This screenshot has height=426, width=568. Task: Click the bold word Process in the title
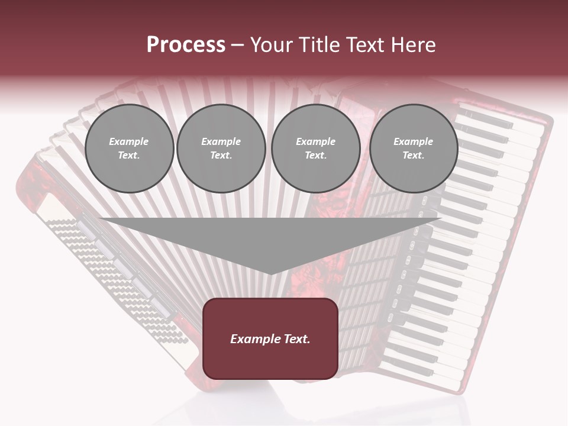point(186,44)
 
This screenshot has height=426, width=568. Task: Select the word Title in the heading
point(318,45)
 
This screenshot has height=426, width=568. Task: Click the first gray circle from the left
point(129,149)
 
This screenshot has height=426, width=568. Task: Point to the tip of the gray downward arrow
point(270,273)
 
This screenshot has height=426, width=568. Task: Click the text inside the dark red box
point(270,339)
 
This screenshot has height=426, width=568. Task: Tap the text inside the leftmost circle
point(129,149)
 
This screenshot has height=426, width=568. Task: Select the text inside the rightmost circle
point(413,149)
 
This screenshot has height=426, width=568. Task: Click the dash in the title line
point(237,45)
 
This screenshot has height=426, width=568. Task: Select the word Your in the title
point(272,45)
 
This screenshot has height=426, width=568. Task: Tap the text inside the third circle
point(315,149)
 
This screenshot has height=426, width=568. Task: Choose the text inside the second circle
point(221,149)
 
